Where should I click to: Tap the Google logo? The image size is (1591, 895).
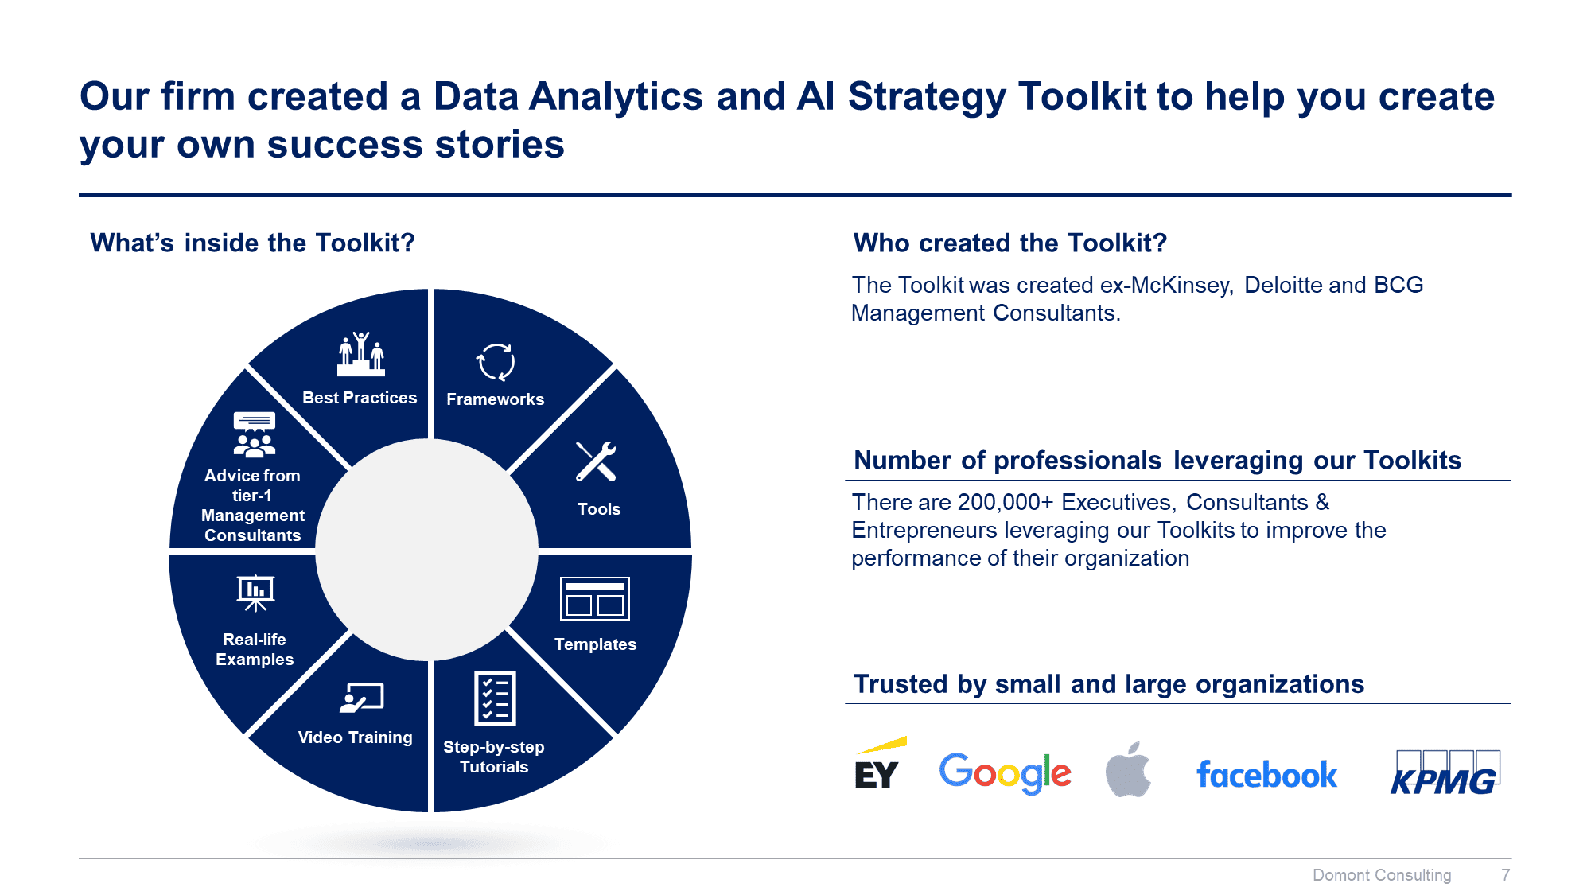pos(1005,772)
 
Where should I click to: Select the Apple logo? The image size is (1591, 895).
pos(1128,769)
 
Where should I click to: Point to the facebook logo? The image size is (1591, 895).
pos(1266,775)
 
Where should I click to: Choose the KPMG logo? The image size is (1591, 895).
pos(1445,772)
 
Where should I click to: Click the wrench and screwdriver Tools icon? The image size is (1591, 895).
pos(596,461)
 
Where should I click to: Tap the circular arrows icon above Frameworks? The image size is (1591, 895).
pos(496,362)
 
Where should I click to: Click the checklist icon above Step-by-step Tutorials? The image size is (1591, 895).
pos(495,698)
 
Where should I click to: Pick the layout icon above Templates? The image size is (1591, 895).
pos(595,598)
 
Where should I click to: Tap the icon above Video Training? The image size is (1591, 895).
pos(362,698)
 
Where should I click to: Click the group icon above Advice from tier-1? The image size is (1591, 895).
pos(255,435)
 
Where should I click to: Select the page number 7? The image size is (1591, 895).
pos(1505,875)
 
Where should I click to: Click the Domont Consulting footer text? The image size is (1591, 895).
pos(1382,875)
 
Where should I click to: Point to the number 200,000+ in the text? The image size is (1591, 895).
pos(1006,502)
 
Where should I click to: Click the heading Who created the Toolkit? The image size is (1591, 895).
pos(1009,243)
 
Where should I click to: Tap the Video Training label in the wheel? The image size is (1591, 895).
pos(355,737)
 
